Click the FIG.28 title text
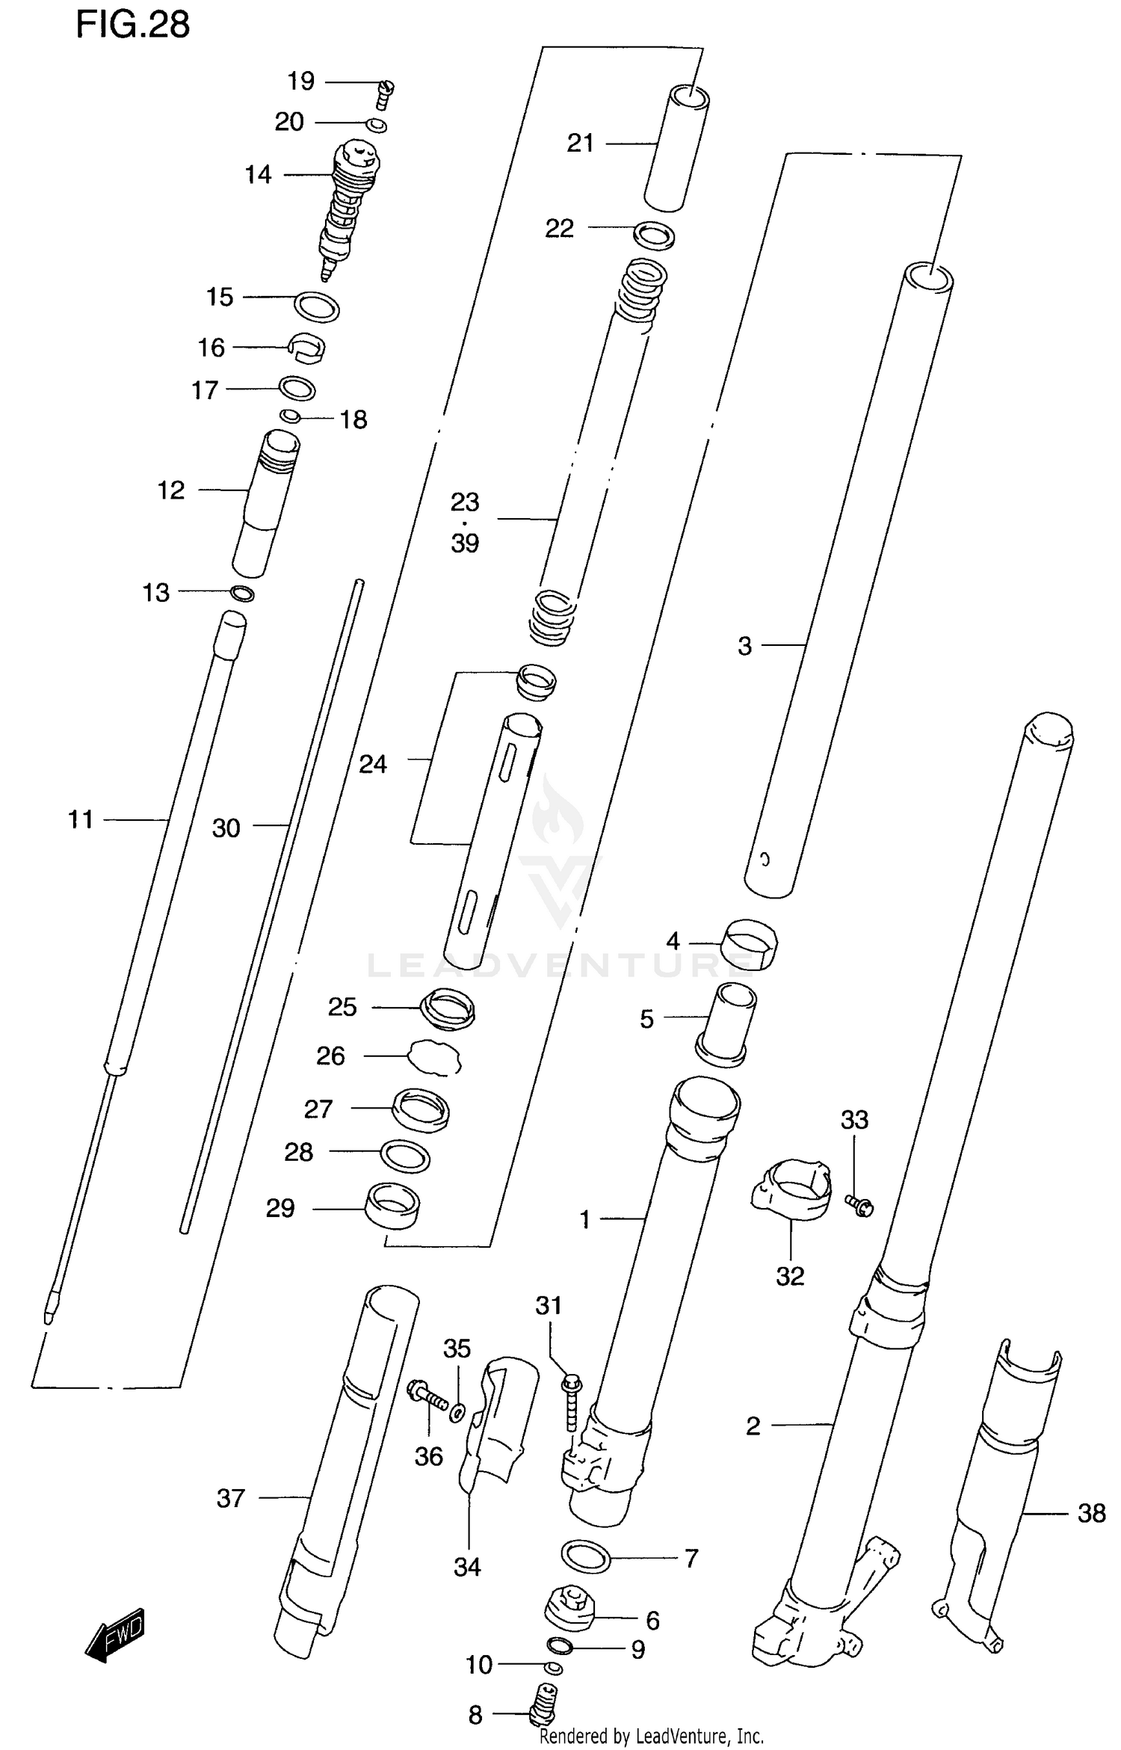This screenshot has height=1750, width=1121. tap(133, 25)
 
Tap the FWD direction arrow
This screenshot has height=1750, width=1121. tap(114, 1635)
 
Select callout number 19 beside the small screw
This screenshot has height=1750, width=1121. tap(301, 81)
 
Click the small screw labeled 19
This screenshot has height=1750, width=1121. tap(385, 95)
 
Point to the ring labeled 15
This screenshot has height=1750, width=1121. tap(317, 306)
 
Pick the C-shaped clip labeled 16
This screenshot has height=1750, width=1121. tap(306, 348)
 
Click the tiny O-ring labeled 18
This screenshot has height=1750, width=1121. tap(290, 416)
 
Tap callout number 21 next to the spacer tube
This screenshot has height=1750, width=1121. tap(580, 143)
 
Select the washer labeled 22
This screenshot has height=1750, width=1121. tap(654, 235)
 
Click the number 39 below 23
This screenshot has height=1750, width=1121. tap(465, 543)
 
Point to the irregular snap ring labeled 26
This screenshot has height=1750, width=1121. tap(435, 1057)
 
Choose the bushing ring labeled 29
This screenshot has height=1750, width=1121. tap(392, 1205)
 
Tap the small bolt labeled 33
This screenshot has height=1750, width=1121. tap(859, 1205)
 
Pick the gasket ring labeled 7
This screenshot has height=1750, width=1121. tap(586, 1557)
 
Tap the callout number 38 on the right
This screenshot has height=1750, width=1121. tap(1091, 1513)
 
